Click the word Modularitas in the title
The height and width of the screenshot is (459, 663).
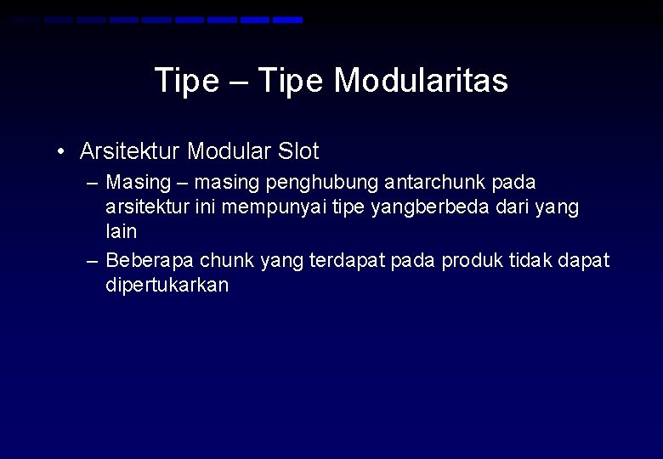click(x=421, y=81)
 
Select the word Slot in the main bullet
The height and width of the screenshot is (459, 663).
click(x=297, y=152)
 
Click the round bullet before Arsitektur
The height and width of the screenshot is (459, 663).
click(x=61, y=153)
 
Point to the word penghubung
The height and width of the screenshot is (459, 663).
click(x=322, y=183)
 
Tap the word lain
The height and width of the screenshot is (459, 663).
click(x=121, y=231)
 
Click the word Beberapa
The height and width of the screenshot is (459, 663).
click(x=150, y=260)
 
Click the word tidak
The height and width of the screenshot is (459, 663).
click(x=532, y=260)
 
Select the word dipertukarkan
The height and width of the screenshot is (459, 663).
click(x=167, y=285)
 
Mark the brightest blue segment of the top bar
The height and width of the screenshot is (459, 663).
click(x=287, y=20)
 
